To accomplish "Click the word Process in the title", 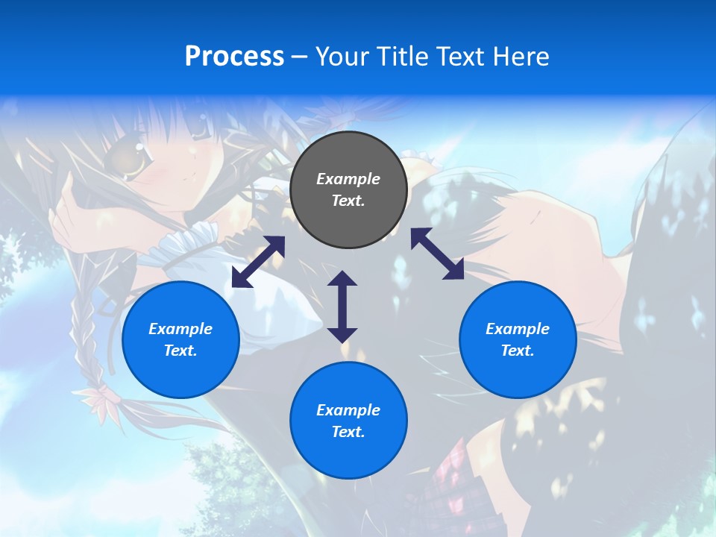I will (x=234, y=57).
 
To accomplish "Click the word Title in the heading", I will (x=400, y=57).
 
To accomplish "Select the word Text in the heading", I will (x=460, y=57).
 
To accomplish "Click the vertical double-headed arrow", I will (x=342, y=307).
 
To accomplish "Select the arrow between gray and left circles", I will (x=258, y=262).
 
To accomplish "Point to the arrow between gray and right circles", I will (x=438, y=254).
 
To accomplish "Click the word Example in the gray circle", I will (x=348, y=179).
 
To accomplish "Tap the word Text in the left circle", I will (x=180, y=351).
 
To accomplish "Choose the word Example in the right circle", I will (x=518, y=329).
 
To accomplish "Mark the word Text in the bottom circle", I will (x=348, y=432).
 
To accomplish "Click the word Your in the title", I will (x=340, y=57).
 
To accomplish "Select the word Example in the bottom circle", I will (x=348, y=410).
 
